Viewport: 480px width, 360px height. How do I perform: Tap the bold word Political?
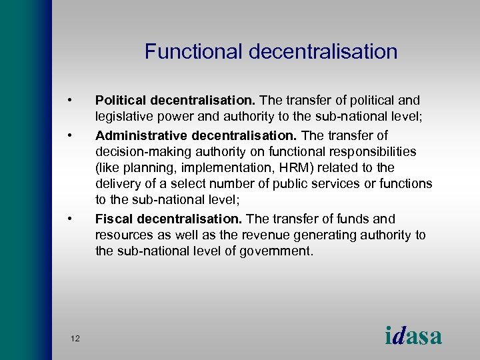(121, 101)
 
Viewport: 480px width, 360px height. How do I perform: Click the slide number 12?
(75, 339)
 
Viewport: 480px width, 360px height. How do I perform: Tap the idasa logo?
(413, 335)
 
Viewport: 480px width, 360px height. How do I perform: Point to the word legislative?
(126, 117)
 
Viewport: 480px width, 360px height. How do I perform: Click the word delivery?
(118, 184)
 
